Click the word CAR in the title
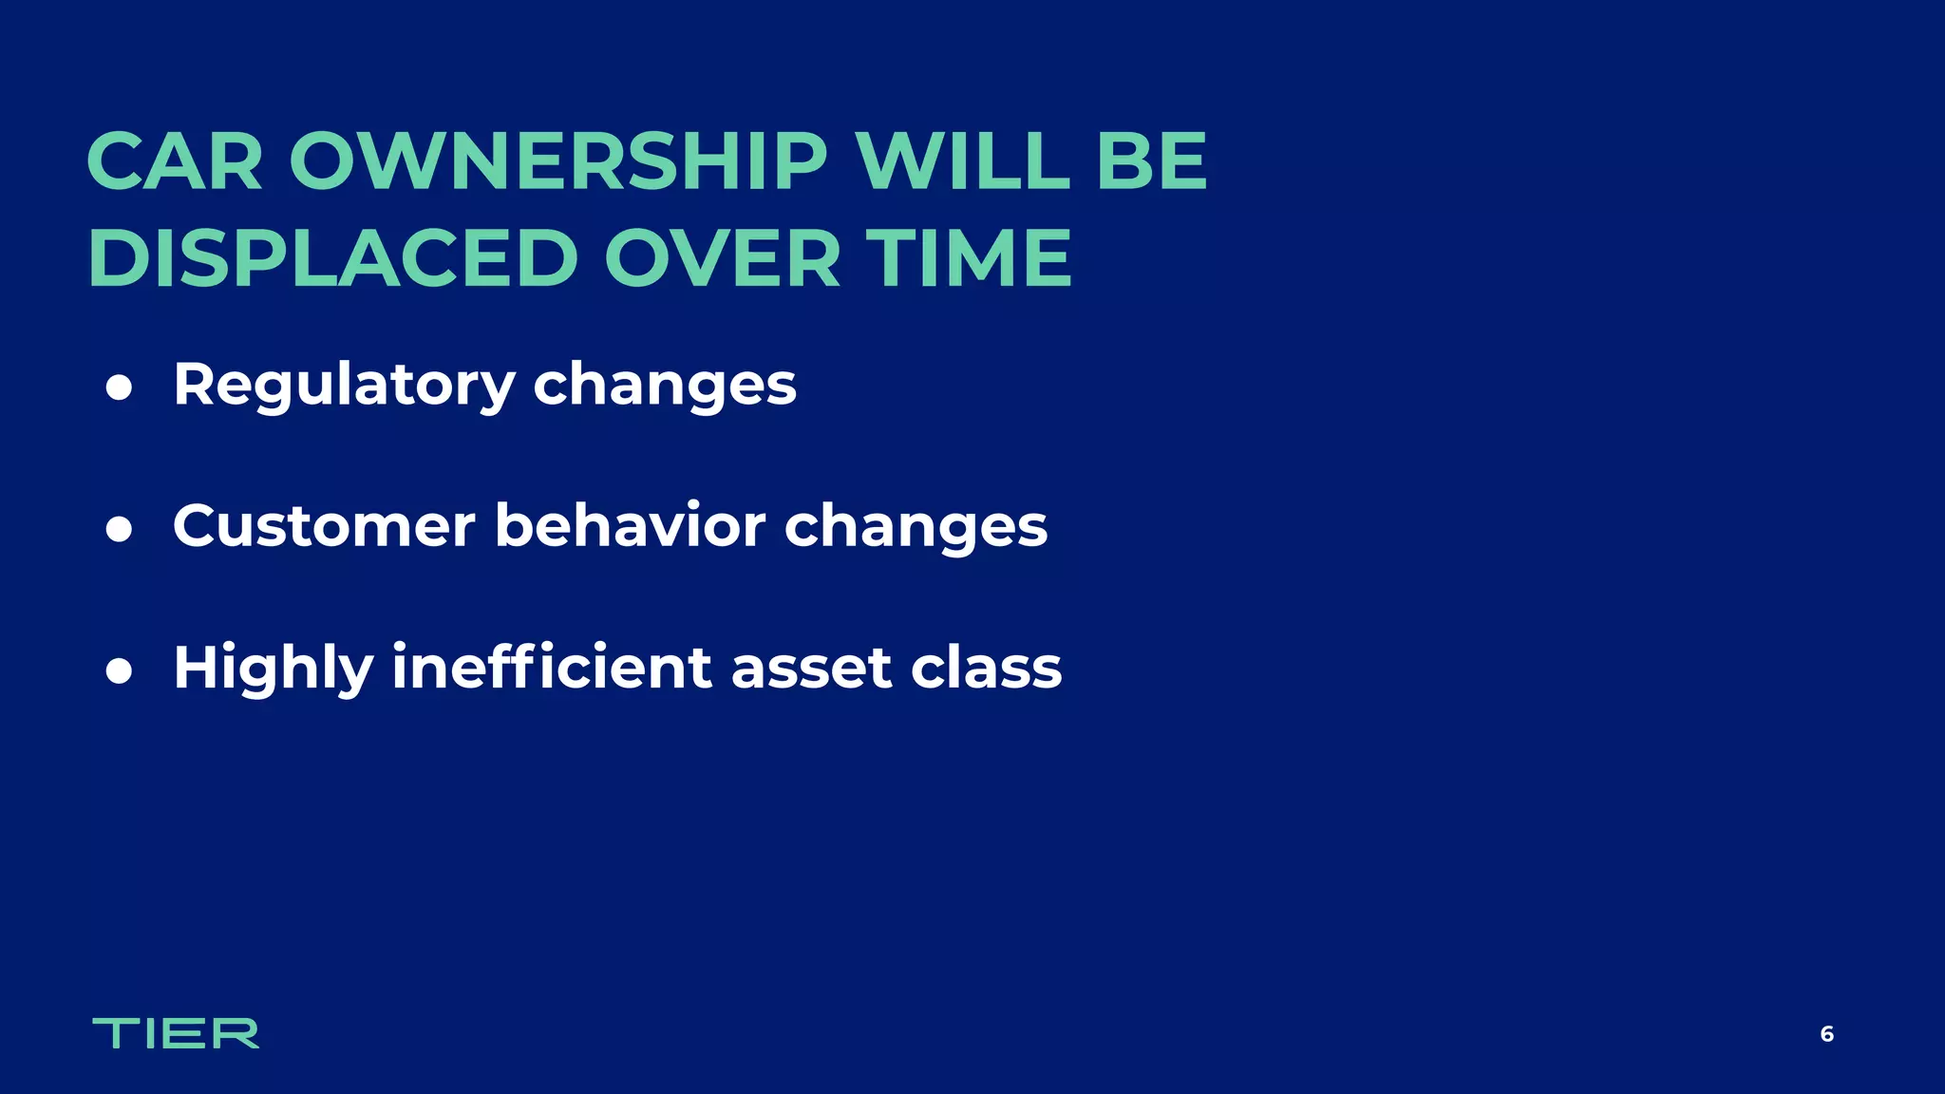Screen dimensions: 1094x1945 click(x=175, y=161)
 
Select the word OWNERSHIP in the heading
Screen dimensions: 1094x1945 click(x=558, y=161)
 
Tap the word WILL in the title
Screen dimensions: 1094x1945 click(x=963, y=161)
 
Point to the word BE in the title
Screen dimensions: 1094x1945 click(x=1151, y=161)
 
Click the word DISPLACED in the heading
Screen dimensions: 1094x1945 click(x=332, y=258)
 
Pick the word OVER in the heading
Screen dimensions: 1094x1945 click(x=723, y=258)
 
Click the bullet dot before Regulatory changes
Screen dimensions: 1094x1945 click(x=119, y=387)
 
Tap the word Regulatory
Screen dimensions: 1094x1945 click(x=344, y=386)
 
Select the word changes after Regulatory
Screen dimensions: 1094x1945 click(x=665, y=386)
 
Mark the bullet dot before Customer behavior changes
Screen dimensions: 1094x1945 click(x=119, y=529)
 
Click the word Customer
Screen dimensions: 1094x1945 click(x=324, y=526)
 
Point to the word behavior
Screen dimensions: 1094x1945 click(x=630, y=526)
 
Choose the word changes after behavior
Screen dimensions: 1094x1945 click(x=916, y=527)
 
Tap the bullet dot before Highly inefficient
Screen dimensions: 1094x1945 click(x=119, y=670)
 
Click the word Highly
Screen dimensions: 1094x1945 click(x=274, y=669)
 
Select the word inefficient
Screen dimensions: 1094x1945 click(x=552, y=667)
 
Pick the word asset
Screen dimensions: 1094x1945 click(x=812, y=669)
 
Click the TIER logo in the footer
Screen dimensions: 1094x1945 click(x=176, y=1033)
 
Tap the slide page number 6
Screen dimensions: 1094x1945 click(x=1826, y=1034)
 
